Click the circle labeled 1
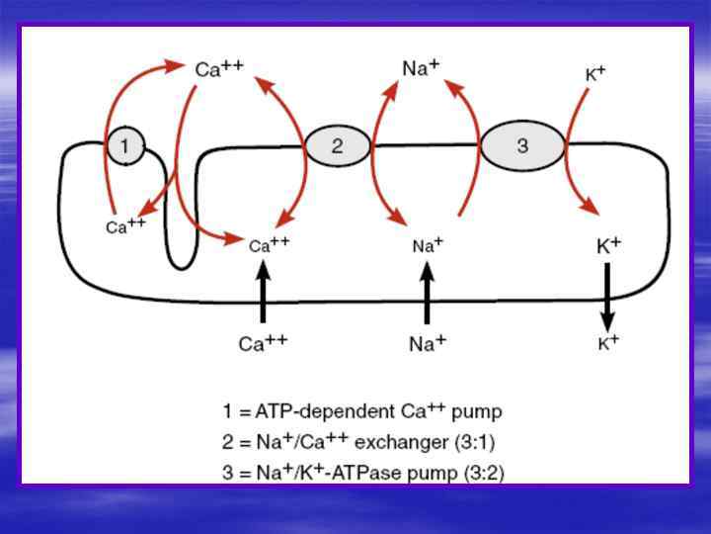point(124,146)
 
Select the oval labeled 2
point(337,146)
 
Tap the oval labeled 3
point(522,146)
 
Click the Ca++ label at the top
point(218,69)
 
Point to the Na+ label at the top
point(421,68)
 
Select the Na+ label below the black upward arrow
point(427,343)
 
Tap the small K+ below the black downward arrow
point(608,343)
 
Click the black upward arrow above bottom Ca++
point(263,296)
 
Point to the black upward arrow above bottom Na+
point(427,296)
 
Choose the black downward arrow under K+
point(607,301)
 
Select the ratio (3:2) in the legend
point(483,472)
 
